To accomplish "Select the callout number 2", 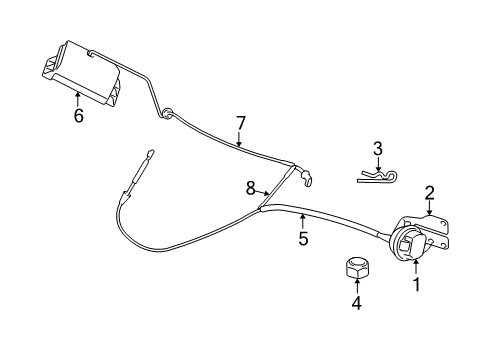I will [x=429, y=192].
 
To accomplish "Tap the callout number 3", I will [x=377, y=148].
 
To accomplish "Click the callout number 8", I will [x=251, y=186].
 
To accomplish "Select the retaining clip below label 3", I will [x=377, y=178].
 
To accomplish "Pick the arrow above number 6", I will [x=78, y=98].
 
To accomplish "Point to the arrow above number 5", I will [x=302, y=220].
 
